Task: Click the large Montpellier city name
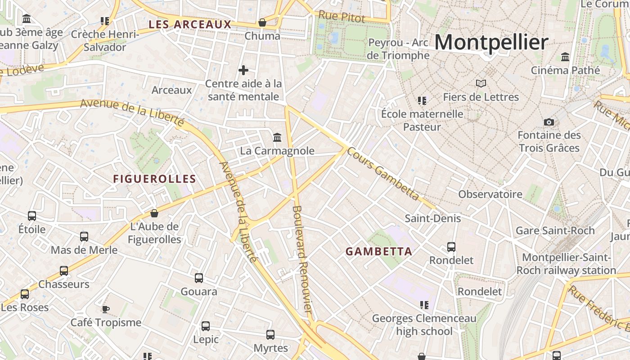(491, 42)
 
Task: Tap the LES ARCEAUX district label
(190, 24)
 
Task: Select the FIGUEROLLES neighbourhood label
(154, 179)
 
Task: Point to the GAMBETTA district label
(379, 252)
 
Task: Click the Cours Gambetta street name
(383, 173)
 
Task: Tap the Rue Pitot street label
(342, 17)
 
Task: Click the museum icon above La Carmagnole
(277, 137)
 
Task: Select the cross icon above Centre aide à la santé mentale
(243, 70)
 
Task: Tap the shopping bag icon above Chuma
(262, 22)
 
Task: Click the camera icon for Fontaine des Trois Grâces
(549, 122)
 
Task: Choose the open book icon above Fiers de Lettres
(481, 83)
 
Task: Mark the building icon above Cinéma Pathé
(565, 57)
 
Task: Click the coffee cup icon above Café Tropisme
(105, 309)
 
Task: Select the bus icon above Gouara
(199, 278)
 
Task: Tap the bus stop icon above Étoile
(32, 216)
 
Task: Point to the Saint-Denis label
(433, 218)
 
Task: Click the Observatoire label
(490, 194)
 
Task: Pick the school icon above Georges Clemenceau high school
(424, 305)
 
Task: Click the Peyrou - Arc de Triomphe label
(399, 49)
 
